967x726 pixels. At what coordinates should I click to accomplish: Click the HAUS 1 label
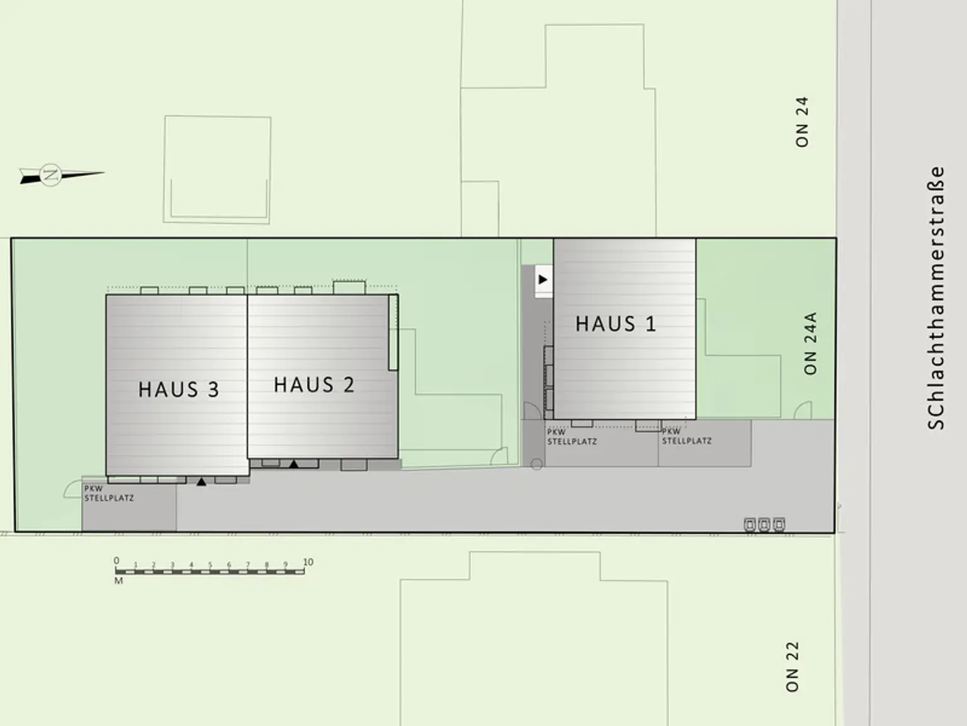click(x=616, y=324)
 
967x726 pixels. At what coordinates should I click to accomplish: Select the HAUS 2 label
click(x=314, y=384)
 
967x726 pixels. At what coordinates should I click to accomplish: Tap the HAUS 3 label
click(x=179, y=389)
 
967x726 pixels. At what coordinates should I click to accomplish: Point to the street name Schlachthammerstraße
click(x=936, y=297)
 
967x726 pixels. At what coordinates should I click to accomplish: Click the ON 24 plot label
click(x=801, y=122)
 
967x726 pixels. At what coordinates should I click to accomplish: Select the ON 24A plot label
click(x=810, y=343)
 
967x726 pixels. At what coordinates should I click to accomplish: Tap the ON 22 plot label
click(x=792, y=666)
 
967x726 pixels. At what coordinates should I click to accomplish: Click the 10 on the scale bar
click(x=308, y=562)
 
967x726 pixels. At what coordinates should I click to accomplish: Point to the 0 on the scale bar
click(x=116, y=561)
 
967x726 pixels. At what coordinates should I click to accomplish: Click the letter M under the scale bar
click(x=118, y=581)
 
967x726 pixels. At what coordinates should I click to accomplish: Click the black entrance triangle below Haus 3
click(x=201, y=482)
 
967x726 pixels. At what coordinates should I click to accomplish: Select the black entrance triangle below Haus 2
click(x=293, y=464)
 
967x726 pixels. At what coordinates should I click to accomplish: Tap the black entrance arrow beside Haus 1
click(x=543, y=279)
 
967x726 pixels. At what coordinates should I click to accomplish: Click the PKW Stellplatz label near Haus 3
click(x=109, y=493)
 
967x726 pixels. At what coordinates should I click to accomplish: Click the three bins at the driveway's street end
click(x=764, y=524)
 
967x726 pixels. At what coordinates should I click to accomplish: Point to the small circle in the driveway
click(x=536, y=464)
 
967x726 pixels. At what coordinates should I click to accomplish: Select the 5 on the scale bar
click(x=210, y=565)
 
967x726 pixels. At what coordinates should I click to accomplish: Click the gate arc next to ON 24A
click(x=803, y=411)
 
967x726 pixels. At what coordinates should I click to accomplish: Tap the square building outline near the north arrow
click(x=217, y=169)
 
